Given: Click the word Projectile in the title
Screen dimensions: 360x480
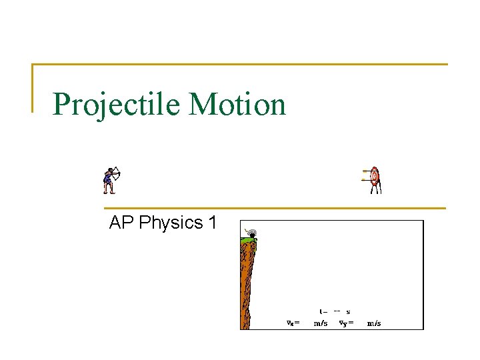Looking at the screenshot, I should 117,105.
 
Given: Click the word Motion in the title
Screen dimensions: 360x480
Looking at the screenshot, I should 237,105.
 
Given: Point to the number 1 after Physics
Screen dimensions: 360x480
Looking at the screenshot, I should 212,223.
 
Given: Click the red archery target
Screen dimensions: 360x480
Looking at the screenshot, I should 375,176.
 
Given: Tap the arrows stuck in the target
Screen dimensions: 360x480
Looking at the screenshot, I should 365,175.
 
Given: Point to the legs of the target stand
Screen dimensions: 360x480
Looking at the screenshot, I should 376,189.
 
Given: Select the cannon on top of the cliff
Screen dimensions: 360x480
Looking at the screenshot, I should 251,233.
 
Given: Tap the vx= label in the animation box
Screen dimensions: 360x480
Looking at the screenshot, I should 293,323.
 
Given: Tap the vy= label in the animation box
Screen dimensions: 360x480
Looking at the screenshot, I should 346,323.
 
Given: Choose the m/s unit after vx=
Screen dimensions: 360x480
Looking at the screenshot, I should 321,323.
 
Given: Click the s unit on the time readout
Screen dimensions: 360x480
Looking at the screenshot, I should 348,311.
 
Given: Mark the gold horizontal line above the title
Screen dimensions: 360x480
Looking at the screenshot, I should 240,65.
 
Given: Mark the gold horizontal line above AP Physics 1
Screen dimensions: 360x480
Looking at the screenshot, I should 273,208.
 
